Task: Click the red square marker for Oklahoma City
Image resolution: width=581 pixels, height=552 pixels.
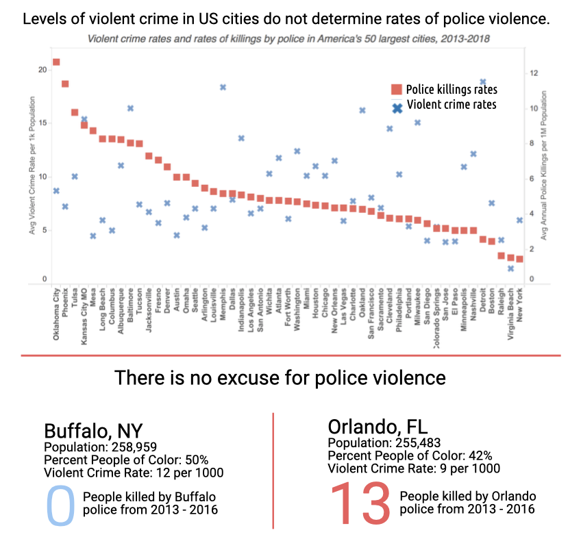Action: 56,62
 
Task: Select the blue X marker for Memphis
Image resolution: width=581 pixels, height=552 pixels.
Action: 223,87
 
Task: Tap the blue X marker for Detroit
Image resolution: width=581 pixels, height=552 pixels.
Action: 482,81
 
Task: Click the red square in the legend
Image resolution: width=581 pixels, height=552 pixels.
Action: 396,90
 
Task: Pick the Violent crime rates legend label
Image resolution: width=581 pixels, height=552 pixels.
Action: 452,105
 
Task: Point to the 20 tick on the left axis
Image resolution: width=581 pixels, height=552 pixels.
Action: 43,70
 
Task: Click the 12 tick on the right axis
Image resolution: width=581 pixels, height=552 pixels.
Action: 534,73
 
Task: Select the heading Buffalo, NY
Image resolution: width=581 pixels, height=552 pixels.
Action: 93,431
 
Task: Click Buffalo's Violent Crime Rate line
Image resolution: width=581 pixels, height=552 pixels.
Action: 134,472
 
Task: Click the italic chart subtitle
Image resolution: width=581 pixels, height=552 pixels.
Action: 288,40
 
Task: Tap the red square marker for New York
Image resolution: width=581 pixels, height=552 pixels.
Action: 519,259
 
